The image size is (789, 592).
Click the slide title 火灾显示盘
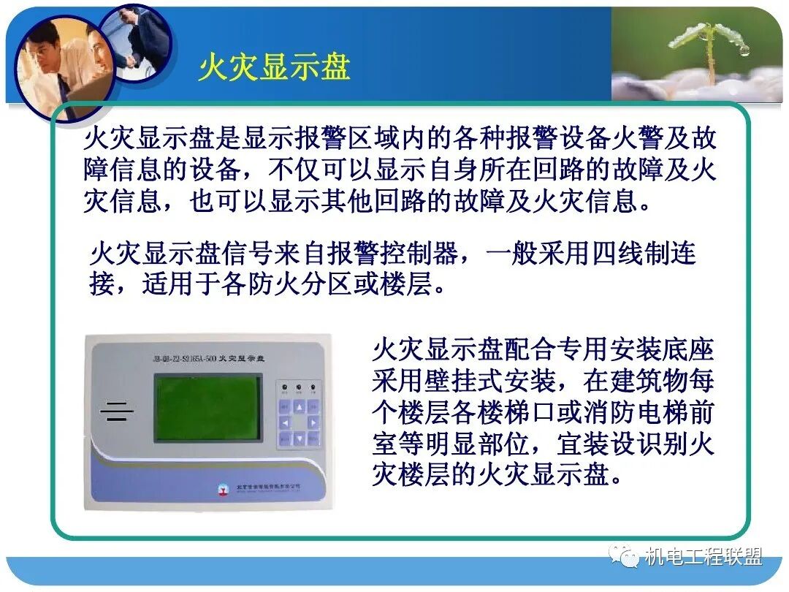click(274, 68)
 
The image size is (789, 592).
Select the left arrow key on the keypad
click(284, 422)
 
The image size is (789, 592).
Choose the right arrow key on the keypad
click(313, 422)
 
